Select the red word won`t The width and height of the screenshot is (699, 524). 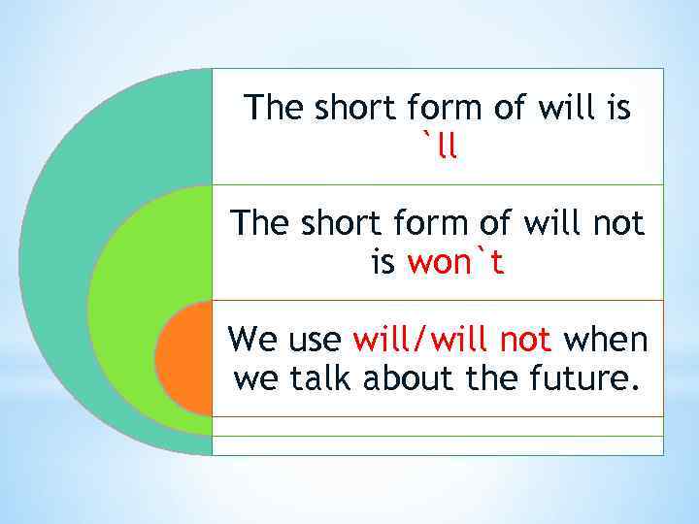point(455,262)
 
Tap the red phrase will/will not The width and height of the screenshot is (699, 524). point(452,341)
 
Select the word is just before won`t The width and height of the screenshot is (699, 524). point(383,262)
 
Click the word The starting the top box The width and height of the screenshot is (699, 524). point(276,108)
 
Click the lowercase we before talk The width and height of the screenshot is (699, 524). point(255,378)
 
